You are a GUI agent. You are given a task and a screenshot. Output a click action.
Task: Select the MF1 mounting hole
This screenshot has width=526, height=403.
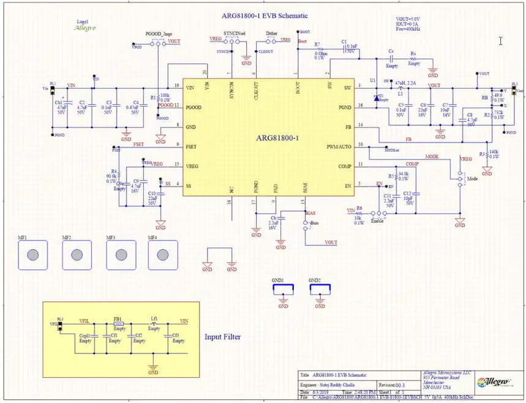(35, 254)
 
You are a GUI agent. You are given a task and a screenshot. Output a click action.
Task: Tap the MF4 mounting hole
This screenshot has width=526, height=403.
(162, 254)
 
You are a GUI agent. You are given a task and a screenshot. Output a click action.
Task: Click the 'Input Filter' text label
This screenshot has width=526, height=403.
(222, 337)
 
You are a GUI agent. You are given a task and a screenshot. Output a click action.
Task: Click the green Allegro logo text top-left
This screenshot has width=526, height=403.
(84, 28)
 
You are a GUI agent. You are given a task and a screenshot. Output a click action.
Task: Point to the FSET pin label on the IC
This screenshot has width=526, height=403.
(192, 145)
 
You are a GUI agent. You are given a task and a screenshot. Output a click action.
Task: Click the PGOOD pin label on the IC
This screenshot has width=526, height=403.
(194, 107)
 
